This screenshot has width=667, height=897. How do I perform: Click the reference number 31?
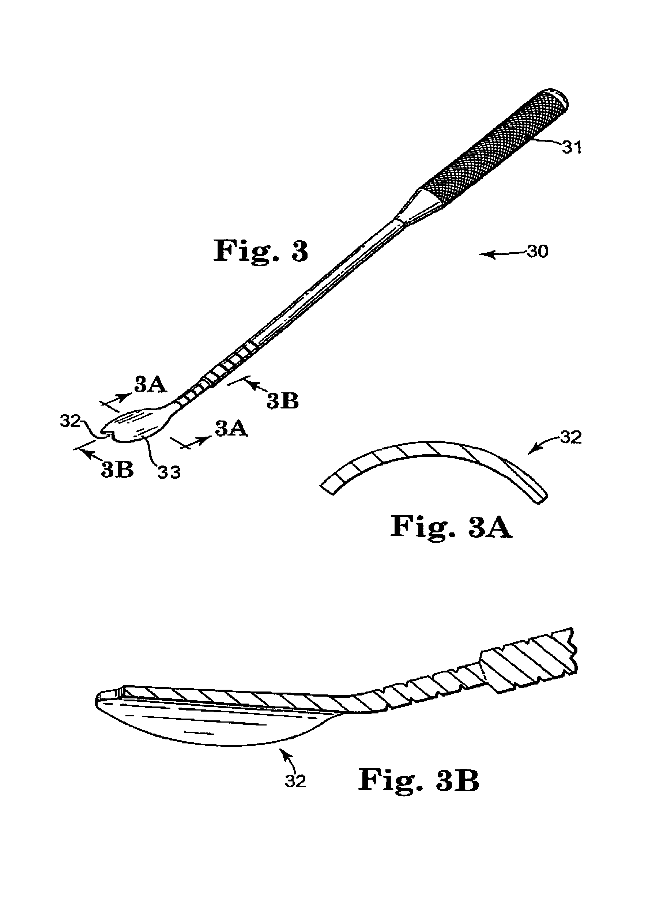(x=572, y=147)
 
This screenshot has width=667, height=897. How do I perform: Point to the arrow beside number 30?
(x=503, y=253)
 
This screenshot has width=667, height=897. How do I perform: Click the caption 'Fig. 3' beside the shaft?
(x=260, y=251)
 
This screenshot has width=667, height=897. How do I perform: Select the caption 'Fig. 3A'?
(x=451, y=527)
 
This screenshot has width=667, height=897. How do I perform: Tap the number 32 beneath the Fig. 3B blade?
(x=295, y=781)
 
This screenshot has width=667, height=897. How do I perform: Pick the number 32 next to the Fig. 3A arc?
(x=571, y=437)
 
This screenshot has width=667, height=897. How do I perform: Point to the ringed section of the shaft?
(x=218, y=372)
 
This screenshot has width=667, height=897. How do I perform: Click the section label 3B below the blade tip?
(x=117, y=470)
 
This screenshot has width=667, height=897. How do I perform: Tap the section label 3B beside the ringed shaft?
(x=283, y=400)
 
